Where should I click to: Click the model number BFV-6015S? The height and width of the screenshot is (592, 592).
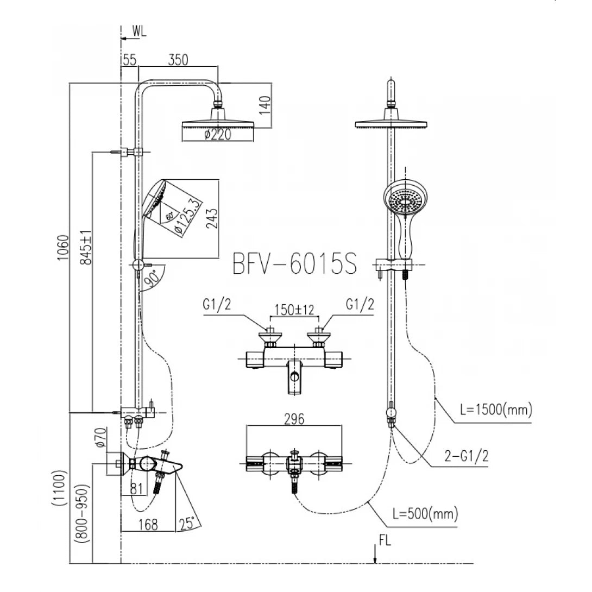[x=295, y=264]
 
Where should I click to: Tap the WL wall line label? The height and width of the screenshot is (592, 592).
[x=139, y=32]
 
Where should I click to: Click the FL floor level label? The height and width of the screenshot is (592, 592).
[x=385, y=540]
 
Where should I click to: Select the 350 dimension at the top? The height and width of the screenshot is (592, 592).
[x=178, y=60]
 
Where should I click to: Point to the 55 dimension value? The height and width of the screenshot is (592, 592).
[x=129, y=60]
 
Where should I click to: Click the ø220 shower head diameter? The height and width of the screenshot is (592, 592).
[x=217, y=134]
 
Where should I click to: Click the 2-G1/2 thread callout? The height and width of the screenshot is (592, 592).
[x=466, y=456]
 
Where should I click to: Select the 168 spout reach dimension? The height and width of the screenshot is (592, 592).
[x=147, y=524]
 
